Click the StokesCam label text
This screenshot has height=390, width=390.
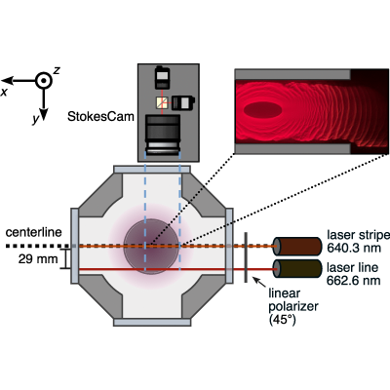[100, 116]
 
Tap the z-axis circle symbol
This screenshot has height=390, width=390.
[44, 80]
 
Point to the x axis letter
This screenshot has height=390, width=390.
[4, 93]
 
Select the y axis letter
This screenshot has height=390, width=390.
[35, 120]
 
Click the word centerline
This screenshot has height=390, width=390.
[34, 232]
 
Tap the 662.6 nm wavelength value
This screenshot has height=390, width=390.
[354, 280]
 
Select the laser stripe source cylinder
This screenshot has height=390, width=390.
[296, 247]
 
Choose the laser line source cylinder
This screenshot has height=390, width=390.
[296, 269]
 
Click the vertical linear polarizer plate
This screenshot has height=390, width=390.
[246, 257]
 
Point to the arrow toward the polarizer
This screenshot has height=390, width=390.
[259, 282]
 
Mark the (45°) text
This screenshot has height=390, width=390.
[283, 320]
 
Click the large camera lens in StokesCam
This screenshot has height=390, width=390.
[163, 135]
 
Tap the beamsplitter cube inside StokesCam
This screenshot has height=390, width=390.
[162, 102]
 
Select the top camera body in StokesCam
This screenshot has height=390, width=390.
[162, 77]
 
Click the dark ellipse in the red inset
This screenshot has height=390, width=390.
[263, 111]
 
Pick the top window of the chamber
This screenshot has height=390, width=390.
[152, 170]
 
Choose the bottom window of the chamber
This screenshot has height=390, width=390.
[152, 322]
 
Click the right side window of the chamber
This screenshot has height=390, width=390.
[229, 246]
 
